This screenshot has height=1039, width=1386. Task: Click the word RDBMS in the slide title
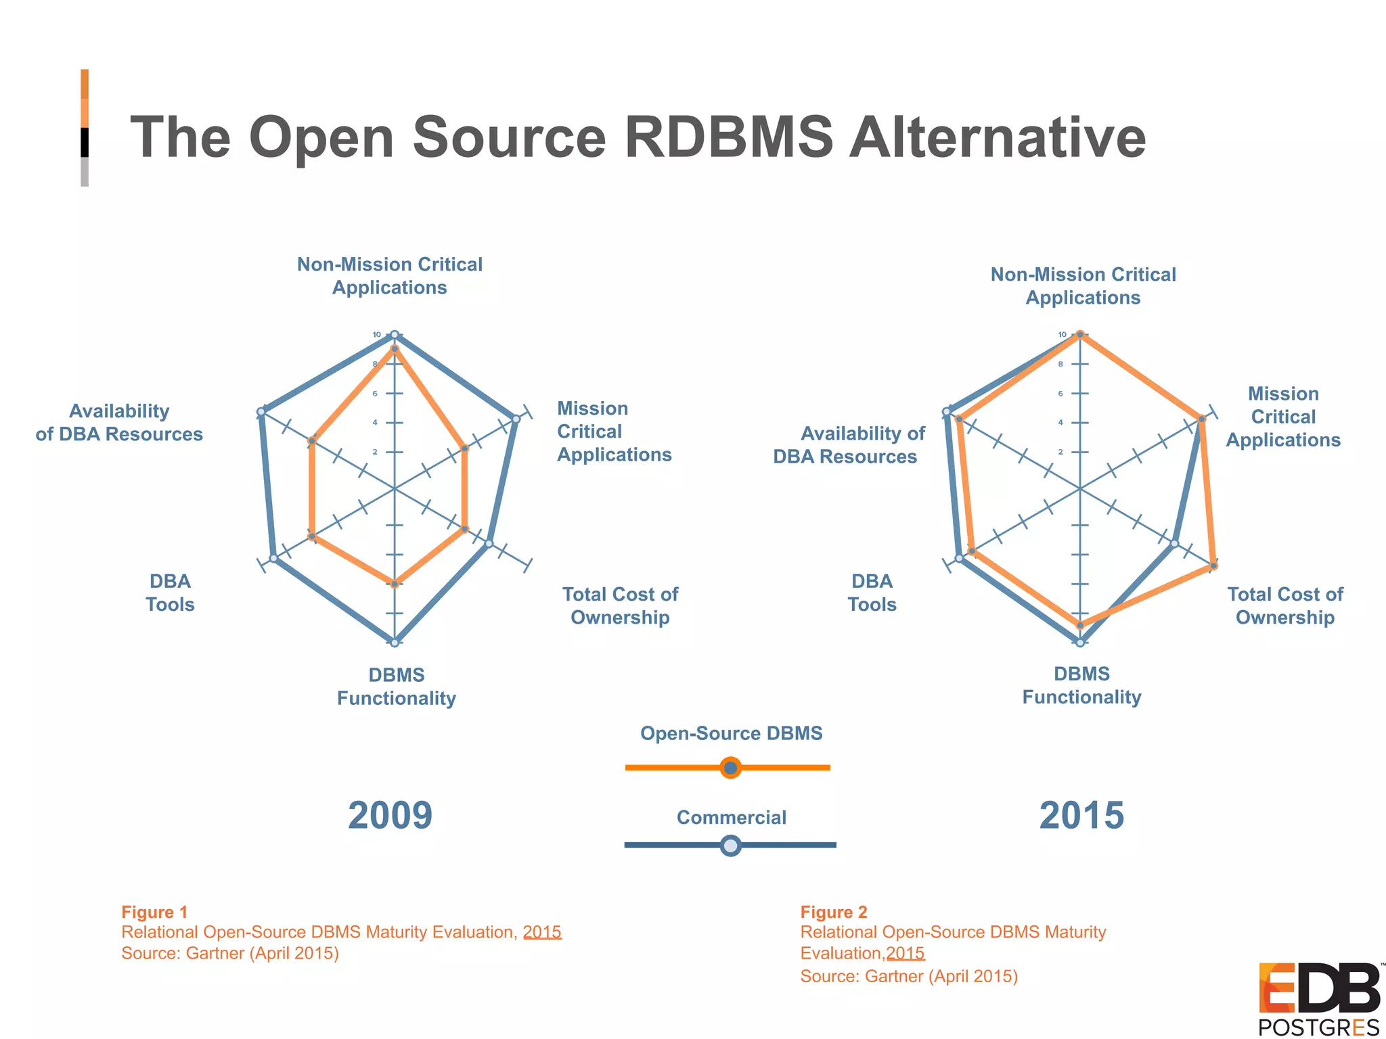(728, 137)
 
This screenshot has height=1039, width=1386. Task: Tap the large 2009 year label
(390, 815)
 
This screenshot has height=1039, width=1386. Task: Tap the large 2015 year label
(1081, 815)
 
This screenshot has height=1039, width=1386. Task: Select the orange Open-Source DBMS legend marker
(730, 768)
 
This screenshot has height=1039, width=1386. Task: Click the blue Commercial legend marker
(730, 845)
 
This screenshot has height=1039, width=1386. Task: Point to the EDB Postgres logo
(1318, 998)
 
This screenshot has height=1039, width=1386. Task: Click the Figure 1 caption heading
(154, 912)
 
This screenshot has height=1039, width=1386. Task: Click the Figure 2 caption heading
(834, 912)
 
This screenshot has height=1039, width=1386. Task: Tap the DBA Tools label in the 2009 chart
(170, 593)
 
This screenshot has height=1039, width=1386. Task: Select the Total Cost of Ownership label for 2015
(1285, 605)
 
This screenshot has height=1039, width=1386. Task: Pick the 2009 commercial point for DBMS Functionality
(395, 642)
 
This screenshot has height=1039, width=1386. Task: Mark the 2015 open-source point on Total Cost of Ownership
(1213, 565)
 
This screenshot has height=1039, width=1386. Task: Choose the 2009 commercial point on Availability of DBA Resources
(261, 412)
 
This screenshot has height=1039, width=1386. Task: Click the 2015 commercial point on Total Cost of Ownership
(1175, 543)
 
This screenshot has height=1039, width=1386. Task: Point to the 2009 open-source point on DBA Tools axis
(312, 536)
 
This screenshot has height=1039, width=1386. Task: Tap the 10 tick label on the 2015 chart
(1063, 335)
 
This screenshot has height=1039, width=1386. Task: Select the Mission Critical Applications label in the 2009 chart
(614, 432)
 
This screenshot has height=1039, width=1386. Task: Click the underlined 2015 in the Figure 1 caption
(542, 932)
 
